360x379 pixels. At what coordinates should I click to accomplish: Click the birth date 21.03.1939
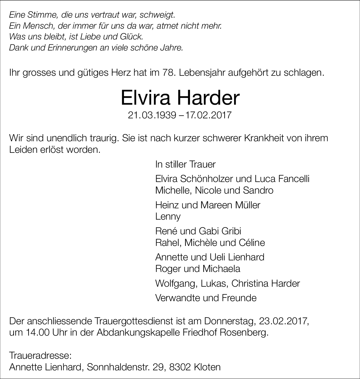point(152,115)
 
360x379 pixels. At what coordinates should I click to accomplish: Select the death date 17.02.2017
point(208,115)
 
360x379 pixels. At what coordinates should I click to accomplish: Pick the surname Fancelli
point(294,179)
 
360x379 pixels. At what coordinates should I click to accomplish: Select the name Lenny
point(168,216)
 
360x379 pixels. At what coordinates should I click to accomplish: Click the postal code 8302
point(179,367)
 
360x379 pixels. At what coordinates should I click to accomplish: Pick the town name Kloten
point(207,367)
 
